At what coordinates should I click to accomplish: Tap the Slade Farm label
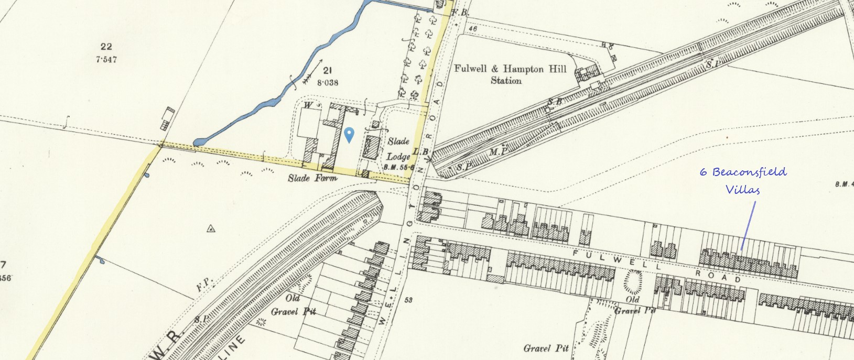(312, 178)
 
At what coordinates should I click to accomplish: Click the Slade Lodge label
(398, 149)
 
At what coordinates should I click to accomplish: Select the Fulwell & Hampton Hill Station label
(510, 74)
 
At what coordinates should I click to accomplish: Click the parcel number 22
(106, 47)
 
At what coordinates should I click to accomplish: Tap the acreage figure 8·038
(327, 82)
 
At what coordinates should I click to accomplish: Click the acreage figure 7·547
(106, 60)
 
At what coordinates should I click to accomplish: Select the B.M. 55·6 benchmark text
(399, 167)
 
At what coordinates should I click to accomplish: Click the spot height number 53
(408, 300)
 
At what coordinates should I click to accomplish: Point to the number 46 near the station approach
(473, 29)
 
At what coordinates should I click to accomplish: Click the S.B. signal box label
(555, 101)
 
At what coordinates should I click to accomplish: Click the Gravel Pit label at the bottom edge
(546, 348)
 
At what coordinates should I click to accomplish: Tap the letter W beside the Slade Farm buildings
(308, 105)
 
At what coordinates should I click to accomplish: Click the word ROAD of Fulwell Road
(718, 275)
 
